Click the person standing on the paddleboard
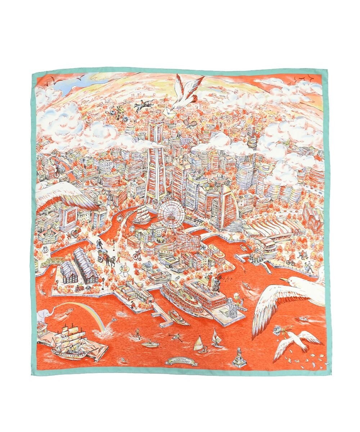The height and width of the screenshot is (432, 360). point(136,333)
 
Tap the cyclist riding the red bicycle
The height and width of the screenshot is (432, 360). point(136,255)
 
